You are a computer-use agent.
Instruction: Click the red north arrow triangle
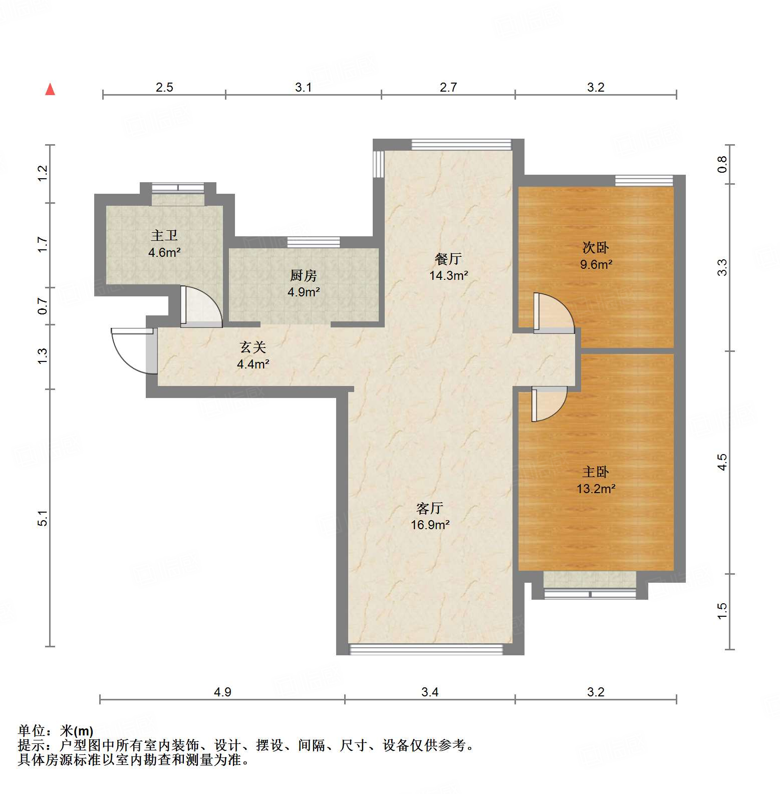50,90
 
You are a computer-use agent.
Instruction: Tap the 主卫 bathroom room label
164,235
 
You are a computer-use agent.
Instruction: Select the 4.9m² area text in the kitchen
304,292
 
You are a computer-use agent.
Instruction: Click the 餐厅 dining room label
448,259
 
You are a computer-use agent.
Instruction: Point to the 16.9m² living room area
430,525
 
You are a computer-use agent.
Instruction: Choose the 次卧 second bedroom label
596,247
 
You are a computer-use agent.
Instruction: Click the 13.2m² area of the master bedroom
596,489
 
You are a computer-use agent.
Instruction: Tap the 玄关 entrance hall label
253,347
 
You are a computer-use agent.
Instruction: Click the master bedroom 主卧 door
549,404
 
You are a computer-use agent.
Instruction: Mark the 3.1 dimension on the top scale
303,88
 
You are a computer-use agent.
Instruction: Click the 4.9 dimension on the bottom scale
222,692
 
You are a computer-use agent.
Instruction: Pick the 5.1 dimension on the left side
43,518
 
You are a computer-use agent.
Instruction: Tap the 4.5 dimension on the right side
722,462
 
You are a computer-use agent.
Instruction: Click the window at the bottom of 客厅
426,649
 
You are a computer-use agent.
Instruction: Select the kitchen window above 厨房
314,242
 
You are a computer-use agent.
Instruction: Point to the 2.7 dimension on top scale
448,88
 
